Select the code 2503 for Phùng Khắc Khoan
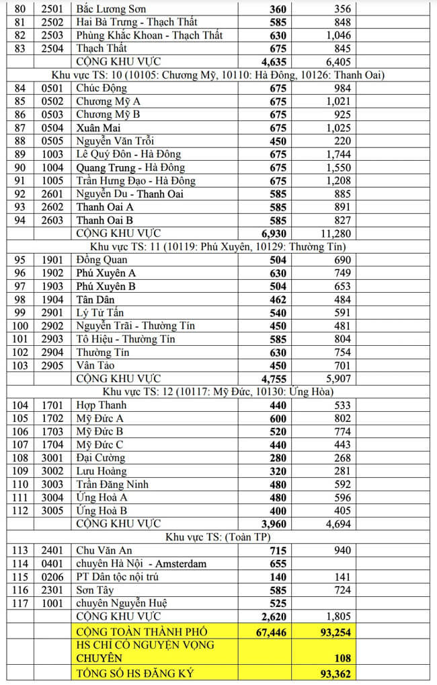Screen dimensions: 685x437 tap(52, 35)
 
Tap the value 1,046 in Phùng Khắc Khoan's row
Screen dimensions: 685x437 tap(337, 35)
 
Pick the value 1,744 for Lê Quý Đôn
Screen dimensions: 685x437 tap(337, 154)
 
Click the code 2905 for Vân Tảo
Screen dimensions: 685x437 tap(52, 365)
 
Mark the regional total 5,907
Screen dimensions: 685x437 tap(337, 378)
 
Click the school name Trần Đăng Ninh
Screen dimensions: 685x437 tap(113, 484)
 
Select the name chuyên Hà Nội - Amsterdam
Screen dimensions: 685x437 tap(141, 563)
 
